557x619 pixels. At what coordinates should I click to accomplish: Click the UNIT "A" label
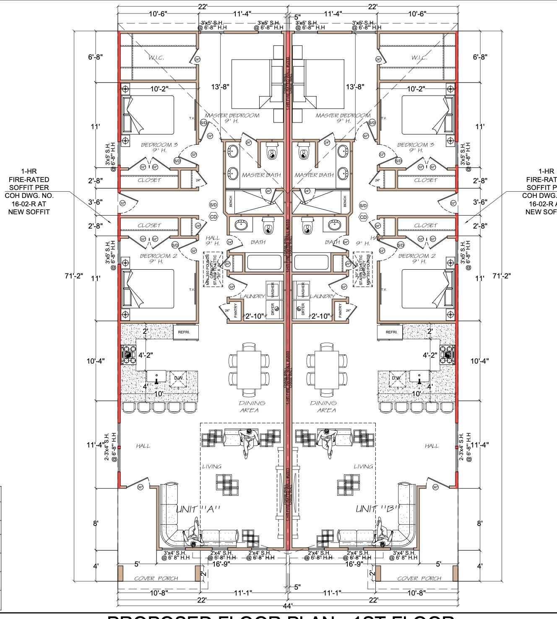point(198,509)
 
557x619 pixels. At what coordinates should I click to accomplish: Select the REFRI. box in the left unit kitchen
point(184,332)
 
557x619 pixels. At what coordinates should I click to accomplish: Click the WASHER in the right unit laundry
point(301,289)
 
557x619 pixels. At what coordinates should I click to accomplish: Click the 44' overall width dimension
point(287,606)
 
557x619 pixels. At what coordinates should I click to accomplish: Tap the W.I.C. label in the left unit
point(156,57)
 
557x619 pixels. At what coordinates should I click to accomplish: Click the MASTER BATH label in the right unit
point(314,175)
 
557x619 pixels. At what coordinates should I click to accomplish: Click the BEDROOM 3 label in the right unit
point(415,145)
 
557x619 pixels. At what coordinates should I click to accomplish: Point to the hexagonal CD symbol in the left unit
point(213,217)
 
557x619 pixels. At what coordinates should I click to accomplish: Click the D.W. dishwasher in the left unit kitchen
point(179,378)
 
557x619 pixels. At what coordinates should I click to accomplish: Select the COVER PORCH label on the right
point(419,578)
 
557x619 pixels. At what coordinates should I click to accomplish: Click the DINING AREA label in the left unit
point(252,406)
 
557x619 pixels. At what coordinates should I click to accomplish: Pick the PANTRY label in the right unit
point(340,310)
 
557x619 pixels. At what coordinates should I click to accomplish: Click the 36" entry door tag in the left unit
point(141,487)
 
